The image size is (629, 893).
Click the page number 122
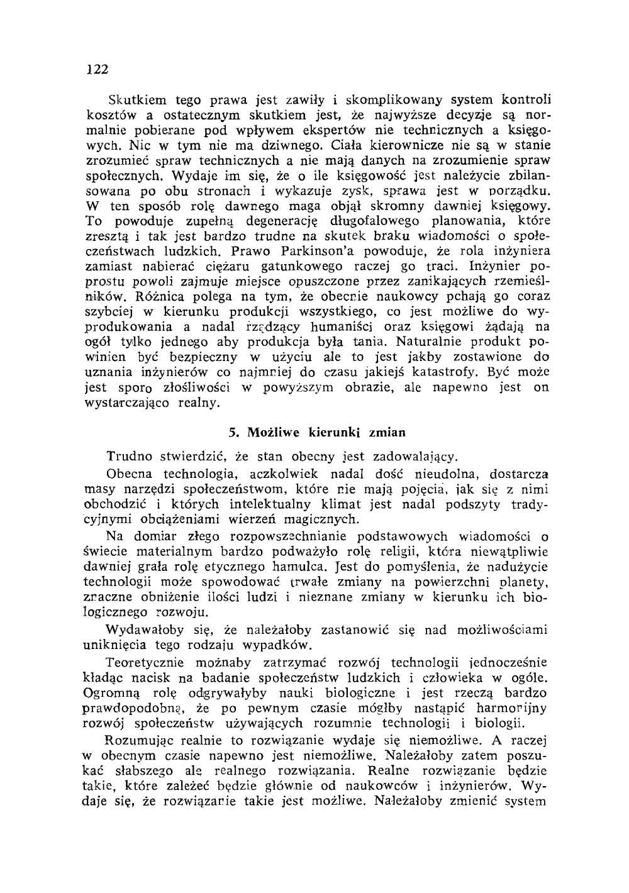pyautogui.click(x=97, y=69)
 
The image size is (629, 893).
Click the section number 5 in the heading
pyautogui.click(x=233, y=433)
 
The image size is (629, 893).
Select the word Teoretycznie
pyautogui.click(x=145, y=662)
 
